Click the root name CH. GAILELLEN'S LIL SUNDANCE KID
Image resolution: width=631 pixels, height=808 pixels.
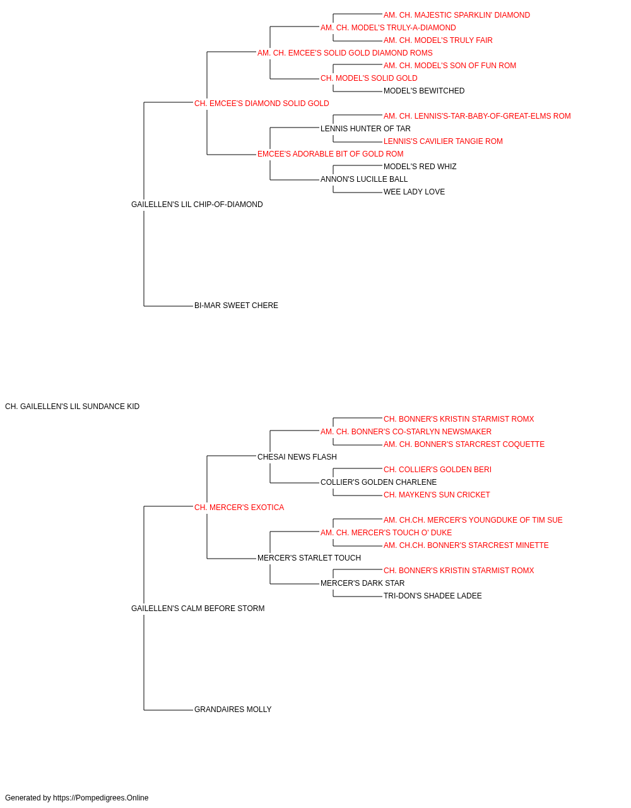click(x=72, y=407)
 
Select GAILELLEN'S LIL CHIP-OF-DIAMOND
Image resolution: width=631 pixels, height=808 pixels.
click(x=197, y=205)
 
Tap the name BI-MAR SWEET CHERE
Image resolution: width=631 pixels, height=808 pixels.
click(x=236, y=306)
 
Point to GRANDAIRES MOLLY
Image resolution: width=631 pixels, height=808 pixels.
click(x=233, y=710)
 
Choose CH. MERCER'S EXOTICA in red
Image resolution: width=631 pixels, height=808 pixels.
click(x=239, y=508)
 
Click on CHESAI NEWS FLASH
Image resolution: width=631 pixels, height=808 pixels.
click(x=297, y=457)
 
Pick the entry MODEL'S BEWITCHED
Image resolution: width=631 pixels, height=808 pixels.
click(x=423, y=91)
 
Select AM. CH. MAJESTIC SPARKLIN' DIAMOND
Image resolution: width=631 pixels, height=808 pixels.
click(x=457, y=15)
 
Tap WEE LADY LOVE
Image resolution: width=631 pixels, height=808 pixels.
click(x=414, y=192)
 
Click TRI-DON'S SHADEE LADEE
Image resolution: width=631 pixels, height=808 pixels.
click(x=433, y=596)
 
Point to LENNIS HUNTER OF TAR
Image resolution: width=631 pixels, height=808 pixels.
click(x=365, y=129)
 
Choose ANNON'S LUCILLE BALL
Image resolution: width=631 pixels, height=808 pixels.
click(x=364, y=179)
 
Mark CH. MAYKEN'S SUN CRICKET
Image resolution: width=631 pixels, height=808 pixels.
click(x=437, y=495)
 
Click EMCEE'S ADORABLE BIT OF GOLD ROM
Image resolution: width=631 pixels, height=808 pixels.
click(x=331, y=154)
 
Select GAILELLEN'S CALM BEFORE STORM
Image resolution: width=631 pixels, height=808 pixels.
click(x=198, y=609)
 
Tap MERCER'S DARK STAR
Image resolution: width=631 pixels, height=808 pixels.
click(x=362, y=583)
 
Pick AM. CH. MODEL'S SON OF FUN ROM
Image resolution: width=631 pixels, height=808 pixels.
click(x=450, y=66)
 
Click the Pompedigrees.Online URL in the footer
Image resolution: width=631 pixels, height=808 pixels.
click(x=101, y=798)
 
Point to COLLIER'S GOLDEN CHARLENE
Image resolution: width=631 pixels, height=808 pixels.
click(x=379, y=482)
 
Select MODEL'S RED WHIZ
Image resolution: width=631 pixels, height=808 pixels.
click(x=420, y=167)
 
